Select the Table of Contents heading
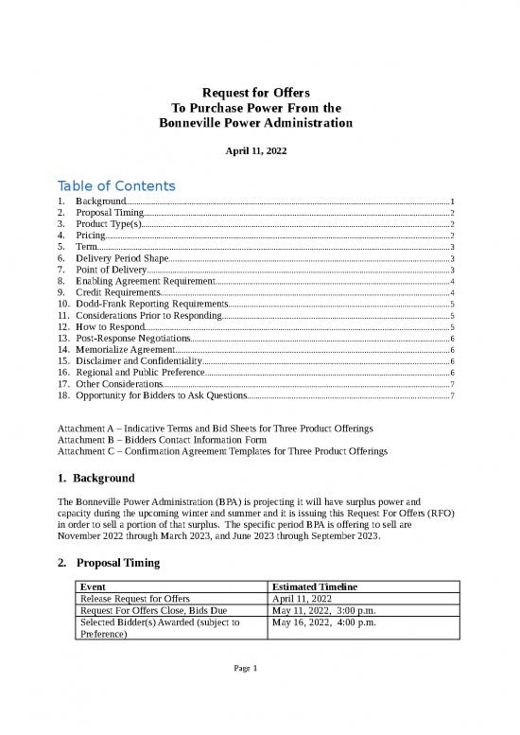(x=116, y=185)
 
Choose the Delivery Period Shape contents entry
(x=122, y=257)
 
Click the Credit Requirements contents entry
(x=117, y=293)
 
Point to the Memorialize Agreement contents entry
(x=125, y=351)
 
